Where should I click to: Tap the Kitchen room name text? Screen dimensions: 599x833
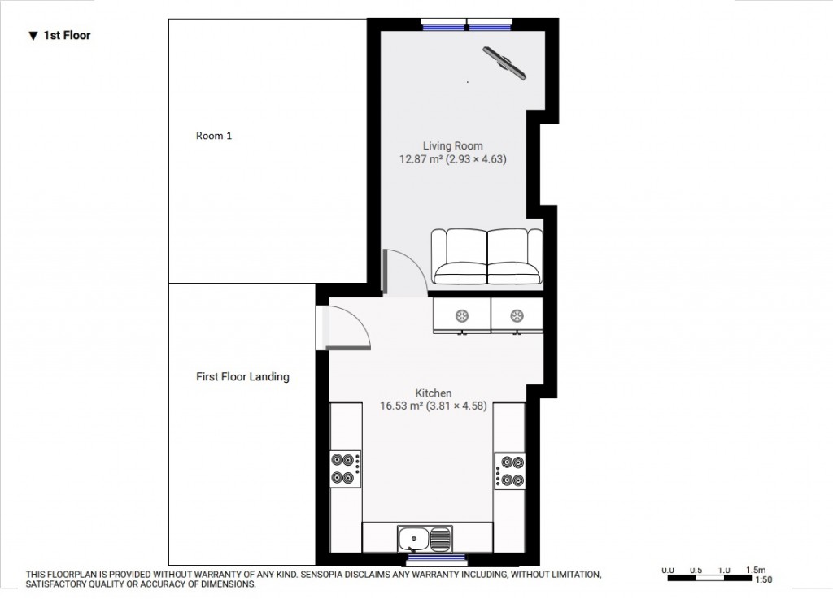click(x=433, y=393)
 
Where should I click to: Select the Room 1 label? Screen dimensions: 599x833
click(x=214, y=136)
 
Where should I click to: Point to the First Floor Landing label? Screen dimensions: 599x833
click(x=242, y=377)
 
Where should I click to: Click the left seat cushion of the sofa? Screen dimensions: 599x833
click(x=460, y=258)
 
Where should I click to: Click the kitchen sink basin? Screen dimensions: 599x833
click(x=414, y=538)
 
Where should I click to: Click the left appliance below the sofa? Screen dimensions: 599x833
click(x=462, y=315)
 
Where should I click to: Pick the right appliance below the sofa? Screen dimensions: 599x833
click(x=517, y=315)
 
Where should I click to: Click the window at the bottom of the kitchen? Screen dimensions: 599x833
click(x=436, y=558)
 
